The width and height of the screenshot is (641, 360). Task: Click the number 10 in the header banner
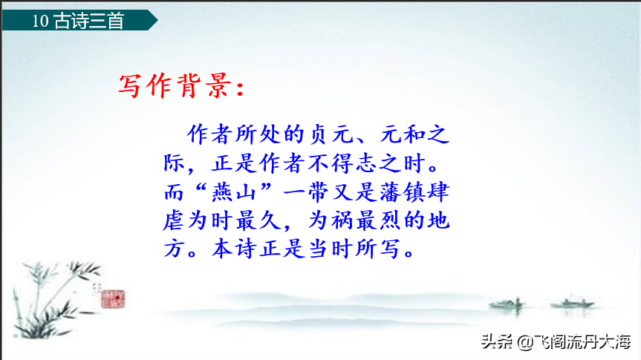40,21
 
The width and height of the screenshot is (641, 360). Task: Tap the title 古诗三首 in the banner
89,21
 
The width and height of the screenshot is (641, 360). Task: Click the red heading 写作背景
174,86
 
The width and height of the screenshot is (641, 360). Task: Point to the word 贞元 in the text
331,134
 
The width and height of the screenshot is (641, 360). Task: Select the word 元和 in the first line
403,134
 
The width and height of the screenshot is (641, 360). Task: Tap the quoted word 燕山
234,192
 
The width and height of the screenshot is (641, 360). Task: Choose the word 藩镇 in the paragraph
403,192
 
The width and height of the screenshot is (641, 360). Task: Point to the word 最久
258,220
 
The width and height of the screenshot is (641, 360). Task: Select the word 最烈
379,220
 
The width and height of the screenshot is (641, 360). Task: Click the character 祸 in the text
343,220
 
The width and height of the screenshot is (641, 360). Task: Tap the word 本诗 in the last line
234,249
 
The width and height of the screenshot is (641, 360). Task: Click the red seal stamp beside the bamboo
113,298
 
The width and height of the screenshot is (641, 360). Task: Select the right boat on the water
572,303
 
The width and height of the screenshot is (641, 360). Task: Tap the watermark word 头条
497,341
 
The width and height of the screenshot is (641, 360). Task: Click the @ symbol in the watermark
525,342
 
